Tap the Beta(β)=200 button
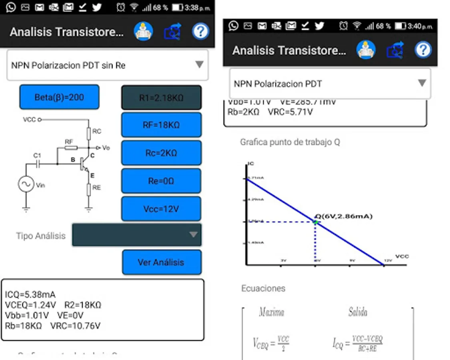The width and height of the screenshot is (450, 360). coord(59,97)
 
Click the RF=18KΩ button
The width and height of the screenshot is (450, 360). coord(161,125)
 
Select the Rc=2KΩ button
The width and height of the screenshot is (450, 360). coord(161,153)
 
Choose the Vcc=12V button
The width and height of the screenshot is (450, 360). coord(161,209)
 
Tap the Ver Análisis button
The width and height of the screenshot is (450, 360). coord(161,262)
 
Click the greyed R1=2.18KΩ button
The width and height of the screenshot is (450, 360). coord(161,97)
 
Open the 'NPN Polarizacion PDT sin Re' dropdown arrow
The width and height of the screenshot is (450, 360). coord(199,65)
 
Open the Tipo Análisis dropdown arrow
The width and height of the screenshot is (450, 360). coord(193,234)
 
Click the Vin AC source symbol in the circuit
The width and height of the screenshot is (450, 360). coord(26,184)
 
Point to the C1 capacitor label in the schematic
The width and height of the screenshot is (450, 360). coord(37,155)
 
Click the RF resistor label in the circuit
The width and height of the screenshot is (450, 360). coord(69,141)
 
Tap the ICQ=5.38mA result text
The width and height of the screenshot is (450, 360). coord(30,295)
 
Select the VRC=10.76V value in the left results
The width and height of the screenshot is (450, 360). coord(75,326)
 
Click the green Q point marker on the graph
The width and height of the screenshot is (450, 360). coord(316,222)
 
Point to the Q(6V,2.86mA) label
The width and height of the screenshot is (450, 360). coord(344,216)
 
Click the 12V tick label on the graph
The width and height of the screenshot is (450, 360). coord(388,260)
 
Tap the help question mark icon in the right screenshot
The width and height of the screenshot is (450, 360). coord(423,50)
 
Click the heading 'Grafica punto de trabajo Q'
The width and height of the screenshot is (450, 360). coord(290,142)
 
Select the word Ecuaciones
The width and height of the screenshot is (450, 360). coord(263,288)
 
